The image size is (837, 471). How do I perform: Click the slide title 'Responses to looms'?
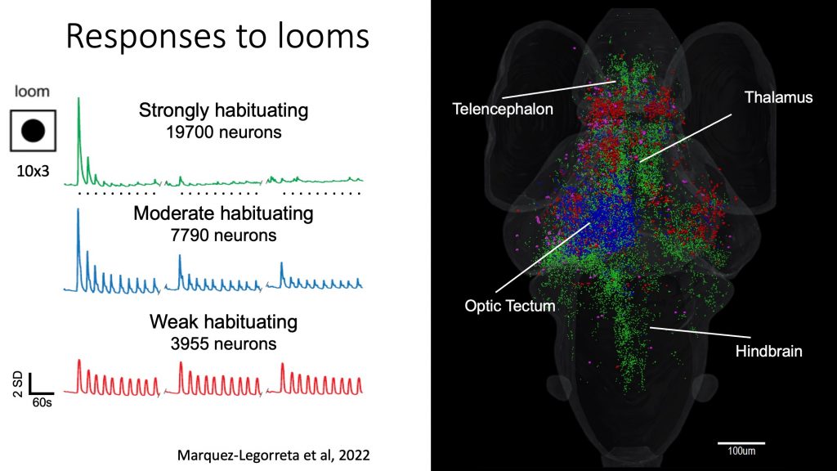[x=217, y=36]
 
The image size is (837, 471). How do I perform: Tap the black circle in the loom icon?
[x=33, y=131]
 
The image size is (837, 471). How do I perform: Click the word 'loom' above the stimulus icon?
[x=32, y=92]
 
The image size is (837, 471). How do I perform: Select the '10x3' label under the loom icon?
[x=33, y=171]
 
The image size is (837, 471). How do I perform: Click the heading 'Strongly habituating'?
[x=224, y=110]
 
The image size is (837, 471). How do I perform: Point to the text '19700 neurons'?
[x=224, y=132]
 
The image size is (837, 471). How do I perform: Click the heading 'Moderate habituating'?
[x=224, y=213]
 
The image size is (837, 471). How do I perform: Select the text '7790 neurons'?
[x=224, y=235]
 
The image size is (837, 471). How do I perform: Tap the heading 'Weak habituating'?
[x=224, y=321]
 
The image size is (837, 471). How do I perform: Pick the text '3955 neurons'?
[x=224, y=343]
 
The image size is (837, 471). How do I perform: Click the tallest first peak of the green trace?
[x=79, y=99]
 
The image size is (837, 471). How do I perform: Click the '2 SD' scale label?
[x=17, y=384]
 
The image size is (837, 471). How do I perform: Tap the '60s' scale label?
[x=43, y=402]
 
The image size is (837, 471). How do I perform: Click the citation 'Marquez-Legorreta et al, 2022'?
[x=273, y=455]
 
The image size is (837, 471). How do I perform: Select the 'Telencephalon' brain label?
[x=503, y=109]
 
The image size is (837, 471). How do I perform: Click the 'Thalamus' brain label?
[x=778, y=97]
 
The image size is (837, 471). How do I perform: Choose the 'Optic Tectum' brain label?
[x=510, y=306]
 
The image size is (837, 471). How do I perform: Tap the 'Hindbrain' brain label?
[x=768, y=351]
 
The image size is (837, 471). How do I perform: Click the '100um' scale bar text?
[x=741, y=451]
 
